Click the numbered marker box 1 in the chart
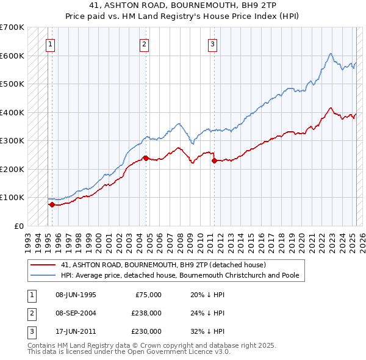pos(49,44)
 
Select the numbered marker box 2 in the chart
pos(143,44)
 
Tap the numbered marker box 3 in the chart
pos(212,44)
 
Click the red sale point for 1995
pos(52,204)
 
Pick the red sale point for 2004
pos(146,158)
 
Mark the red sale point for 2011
pos(214,160)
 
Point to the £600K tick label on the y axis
pos(12,56)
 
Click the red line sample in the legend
pos(44,265)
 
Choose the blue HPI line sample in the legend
pos(44,275)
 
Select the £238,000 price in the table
pos(146,313)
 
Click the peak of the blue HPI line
pos(330,54)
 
